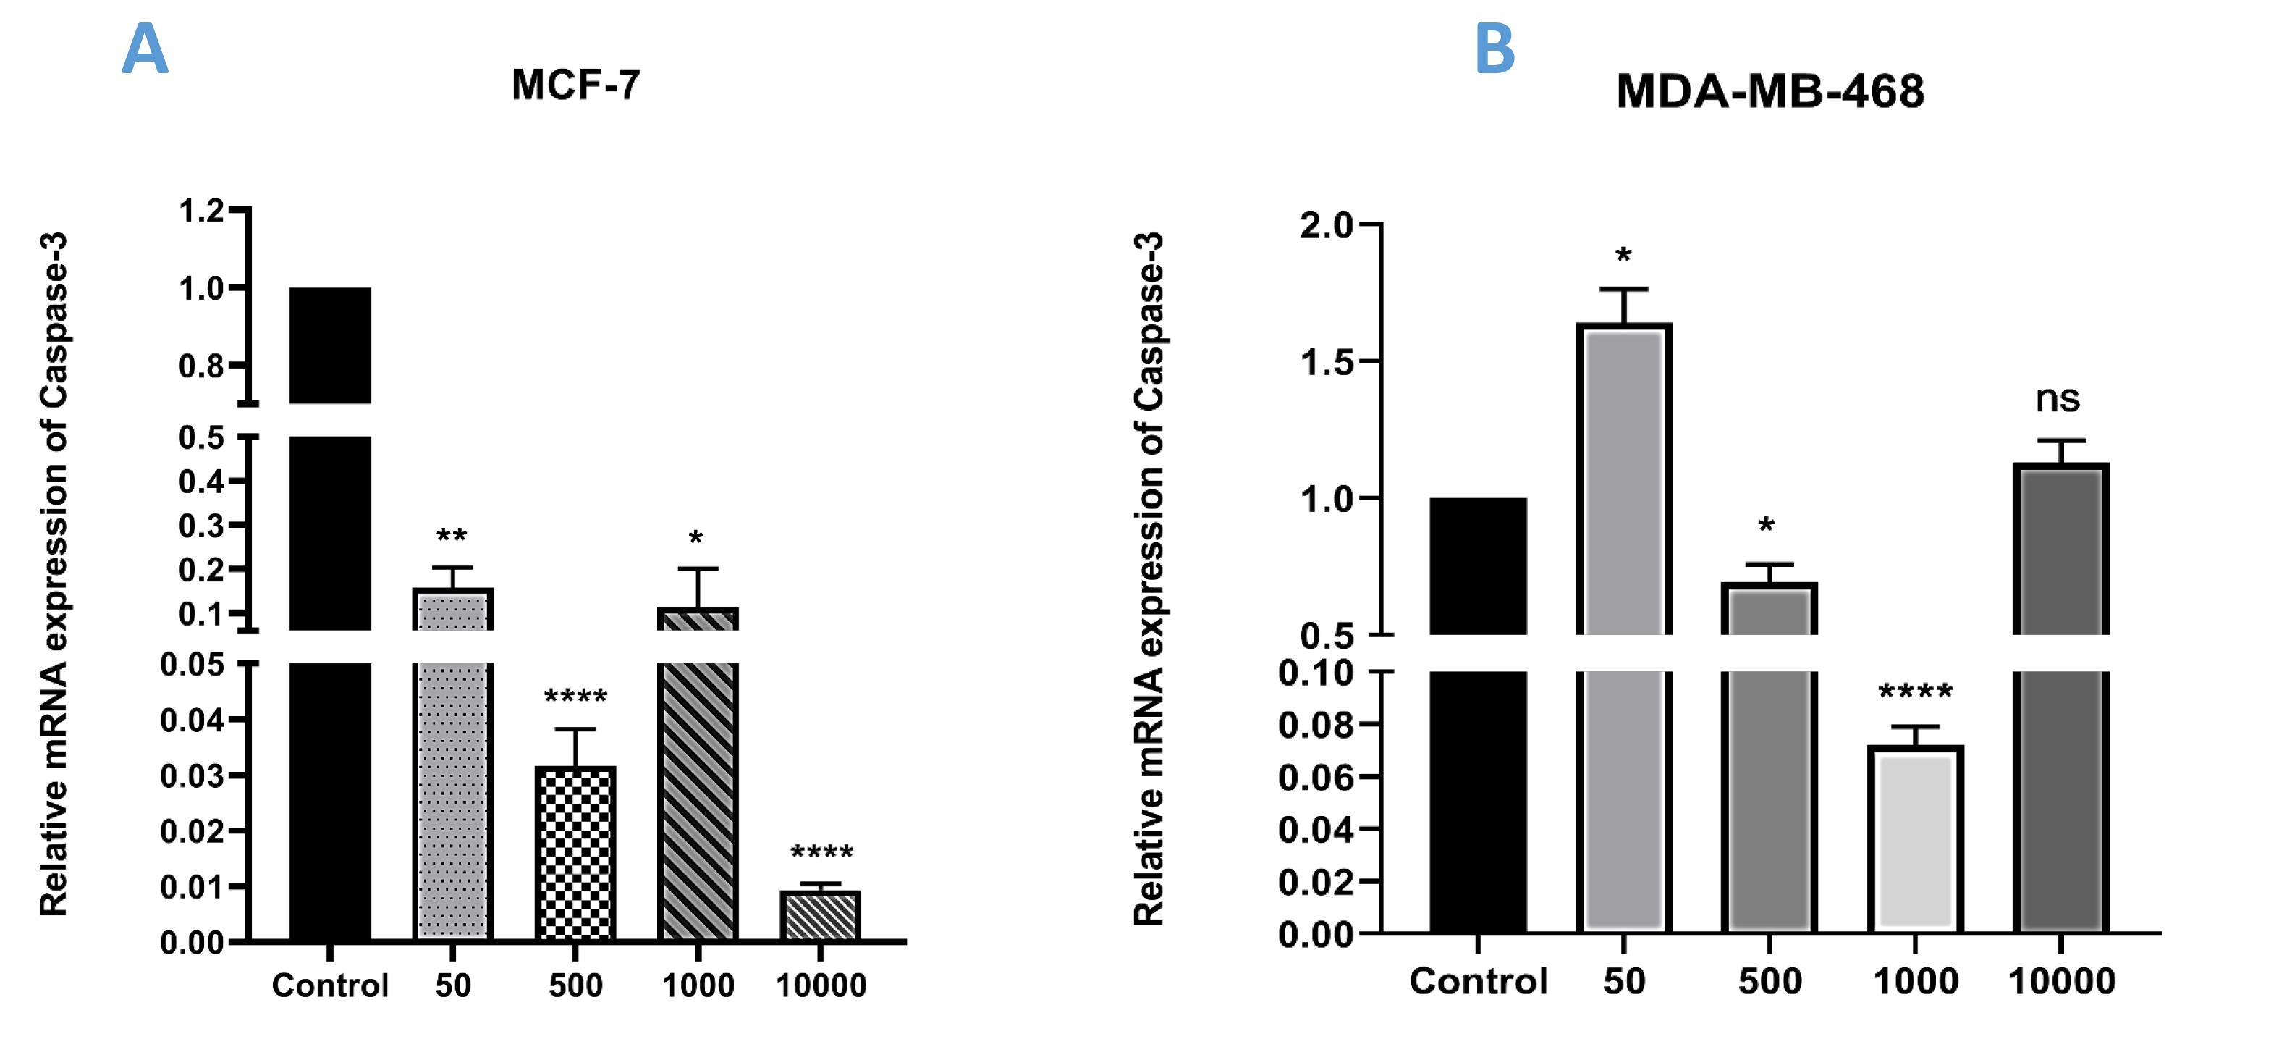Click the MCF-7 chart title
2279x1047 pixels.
[575, 85]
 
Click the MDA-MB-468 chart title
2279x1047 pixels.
[1769, 91]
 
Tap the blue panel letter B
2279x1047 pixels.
[1494, 49]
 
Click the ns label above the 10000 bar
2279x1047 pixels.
[2058, 398]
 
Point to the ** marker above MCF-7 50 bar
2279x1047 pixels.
[451, 537]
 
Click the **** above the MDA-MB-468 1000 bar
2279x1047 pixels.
[1916, 692]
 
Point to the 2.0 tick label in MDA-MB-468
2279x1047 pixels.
[1326, 226]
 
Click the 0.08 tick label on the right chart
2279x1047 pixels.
[1316, 725]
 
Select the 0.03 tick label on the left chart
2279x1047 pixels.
[192, 775]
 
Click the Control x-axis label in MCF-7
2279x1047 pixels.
[329, 985]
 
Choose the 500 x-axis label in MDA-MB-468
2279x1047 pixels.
[1769, 980]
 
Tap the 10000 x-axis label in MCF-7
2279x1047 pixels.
[820, 985]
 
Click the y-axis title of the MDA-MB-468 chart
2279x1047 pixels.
[1149, 580]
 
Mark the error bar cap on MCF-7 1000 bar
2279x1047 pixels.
[698, 568]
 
